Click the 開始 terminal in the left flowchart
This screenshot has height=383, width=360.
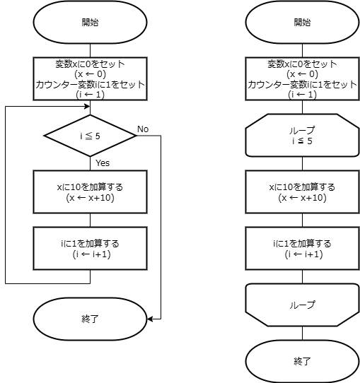[x=90, y=22]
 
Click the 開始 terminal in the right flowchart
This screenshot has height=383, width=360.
[x=302, y=22]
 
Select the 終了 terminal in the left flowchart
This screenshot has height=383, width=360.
[x=90, y=319]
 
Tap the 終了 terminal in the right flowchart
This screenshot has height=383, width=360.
[x=302, y=361]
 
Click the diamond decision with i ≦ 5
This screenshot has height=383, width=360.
[x=90, y=136]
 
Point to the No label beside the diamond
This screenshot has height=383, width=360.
[x=143, y=129]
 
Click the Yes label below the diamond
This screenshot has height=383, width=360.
[x=103, y=163]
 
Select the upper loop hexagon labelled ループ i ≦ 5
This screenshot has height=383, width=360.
[x=302, y=135]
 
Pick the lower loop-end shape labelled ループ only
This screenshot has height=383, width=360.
[x=302, y=305]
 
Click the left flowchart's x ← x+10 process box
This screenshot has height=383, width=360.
[x=90, y=191]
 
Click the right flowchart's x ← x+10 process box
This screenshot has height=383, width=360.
[x=302, y=191]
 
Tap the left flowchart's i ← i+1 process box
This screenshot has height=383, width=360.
[x=90, y=248]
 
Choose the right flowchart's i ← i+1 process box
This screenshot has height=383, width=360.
[x=302, y=248]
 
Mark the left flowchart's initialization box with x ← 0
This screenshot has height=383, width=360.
[x=90, y=78]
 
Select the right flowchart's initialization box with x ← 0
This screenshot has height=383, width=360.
[x=302, y=78]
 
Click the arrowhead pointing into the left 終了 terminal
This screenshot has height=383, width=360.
[x=150, y=319]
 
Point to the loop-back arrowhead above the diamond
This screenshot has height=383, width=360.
[x=87, y=106]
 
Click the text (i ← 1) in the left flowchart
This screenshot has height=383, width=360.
[x=90, y=95]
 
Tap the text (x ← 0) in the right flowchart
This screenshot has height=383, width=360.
[x=302, y=73]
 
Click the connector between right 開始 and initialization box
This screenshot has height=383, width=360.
[x=302, y=51]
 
